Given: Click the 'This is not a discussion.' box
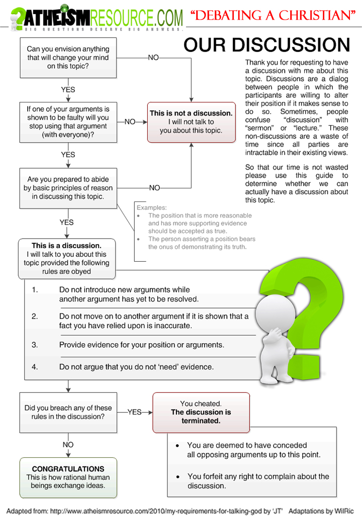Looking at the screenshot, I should pos(191,122).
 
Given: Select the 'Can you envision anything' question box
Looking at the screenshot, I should pos(68,57).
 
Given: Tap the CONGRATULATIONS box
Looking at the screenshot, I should pos(68,477).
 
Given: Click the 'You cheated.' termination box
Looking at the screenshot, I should pos(201,412).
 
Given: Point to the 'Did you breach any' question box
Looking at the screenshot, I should pos(68,412).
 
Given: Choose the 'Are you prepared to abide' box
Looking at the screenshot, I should pos(68,188).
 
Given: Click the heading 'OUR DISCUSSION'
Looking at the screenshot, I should pos(266,45).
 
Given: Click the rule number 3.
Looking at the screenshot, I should pos(35,345).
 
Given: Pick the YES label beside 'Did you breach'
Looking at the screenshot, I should pos(134,412).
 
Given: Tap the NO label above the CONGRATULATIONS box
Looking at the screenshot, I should pos(68,445).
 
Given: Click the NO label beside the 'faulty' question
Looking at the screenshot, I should pos(130,122).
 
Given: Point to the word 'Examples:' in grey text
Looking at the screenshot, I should pos(152,208).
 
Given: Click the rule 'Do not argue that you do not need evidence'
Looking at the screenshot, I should pos(136,367).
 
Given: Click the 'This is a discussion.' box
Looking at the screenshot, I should pos(66,258).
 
